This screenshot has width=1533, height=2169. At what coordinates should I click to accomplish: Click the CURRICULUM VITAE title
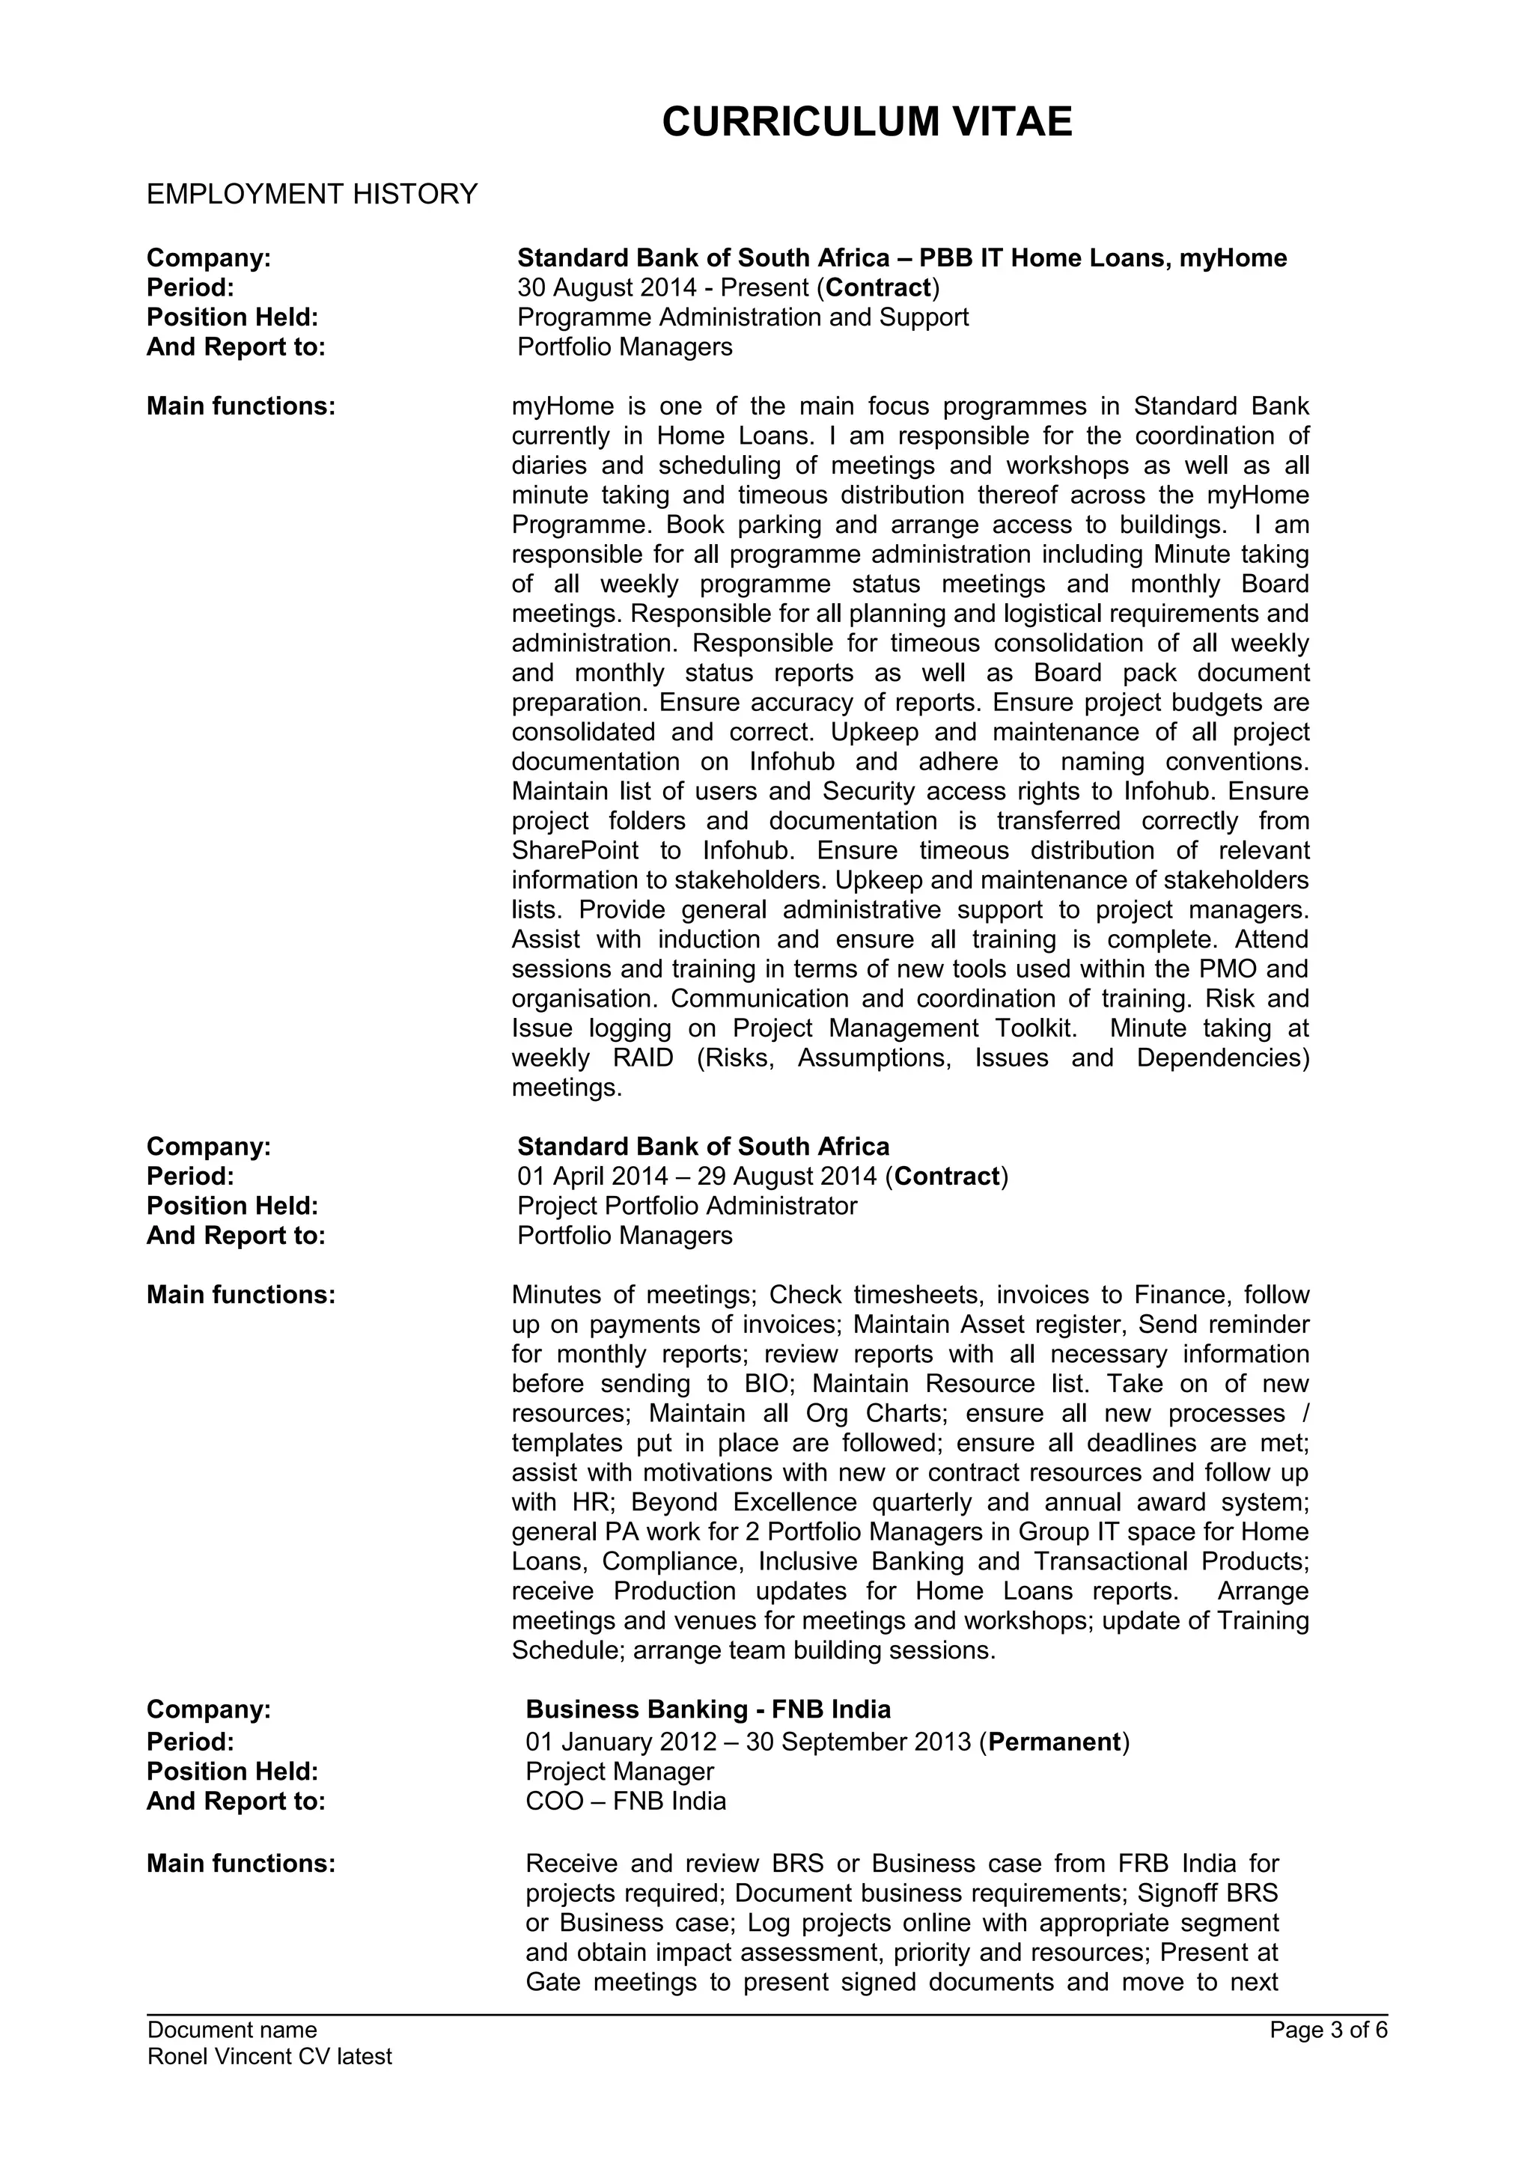[x=866, y=123]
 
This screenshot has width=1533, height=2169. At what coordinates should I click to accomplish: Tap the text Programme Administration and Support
[x=743, y=317]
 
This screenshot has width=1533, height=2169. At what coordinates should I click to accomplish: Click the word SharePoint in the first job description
[x=574, y=850]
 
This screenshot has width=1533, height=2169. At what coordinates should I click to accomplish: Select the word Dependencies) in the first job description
[x=1222, y=1058]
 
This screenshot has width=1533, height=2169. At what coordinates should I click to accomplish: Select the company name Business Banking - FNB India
[x=707, y=1710]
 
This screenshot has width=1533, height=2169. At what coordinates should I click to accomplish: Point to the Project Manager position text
[x=619, y=1772]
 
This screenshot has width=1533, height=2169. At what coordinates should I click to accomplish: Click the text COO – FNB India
[x=625, y=1802]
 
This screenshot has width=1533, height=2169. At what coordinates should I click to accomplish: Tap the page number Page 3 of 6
[x=1328, y=2030]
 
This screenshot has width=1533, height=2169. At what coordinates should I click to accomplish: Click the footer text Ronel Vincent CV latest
[x=269, y=2057]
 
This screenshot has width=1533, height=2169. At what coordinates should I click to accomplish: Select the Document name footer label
[x=232, y=2030]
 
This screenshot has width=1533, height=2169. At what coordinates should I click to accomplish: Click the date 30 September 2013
[x=858, y=1742]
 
